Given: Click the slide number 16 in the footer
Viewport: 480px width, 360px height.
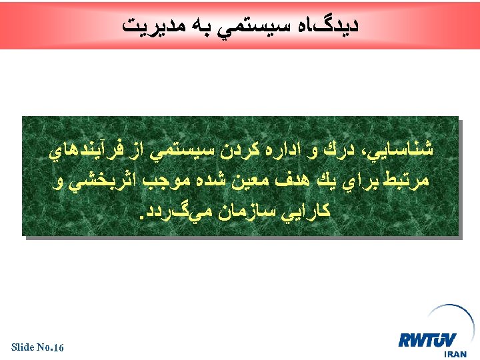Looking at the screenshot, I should tap(57, 347).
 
